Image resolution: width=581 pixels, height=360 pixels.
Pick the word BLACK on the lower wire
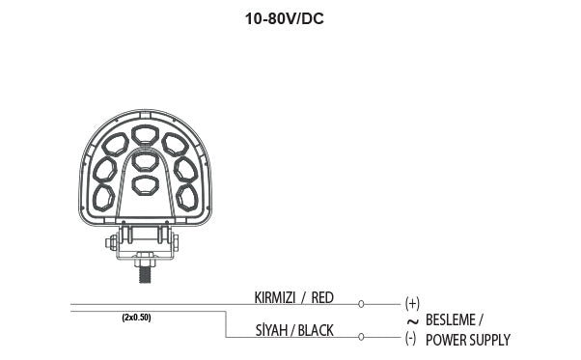[316, 331]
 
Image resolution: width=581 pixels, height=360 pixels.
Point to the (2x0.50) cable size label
[136, 317]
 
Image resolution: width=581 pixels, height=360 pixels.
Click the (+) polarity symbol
[412, 302]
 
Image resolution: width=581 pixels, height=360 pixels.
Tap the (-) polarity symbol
[410, 338]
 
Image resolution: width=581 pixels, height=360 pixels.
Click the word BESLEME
[454, 319]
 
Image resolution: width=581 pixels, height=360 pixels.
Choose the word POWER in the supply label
[445, 340]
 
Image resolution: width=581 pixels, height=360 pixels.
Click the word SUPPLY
[489, 340]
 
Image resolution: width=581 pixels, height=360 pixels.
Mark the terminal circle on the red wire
[361, 303]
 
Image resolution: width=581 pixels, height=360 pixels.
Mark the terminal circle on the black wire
[361, 337]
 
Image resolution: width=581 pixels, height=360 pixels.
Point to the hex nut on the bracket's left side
[115, 240]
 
